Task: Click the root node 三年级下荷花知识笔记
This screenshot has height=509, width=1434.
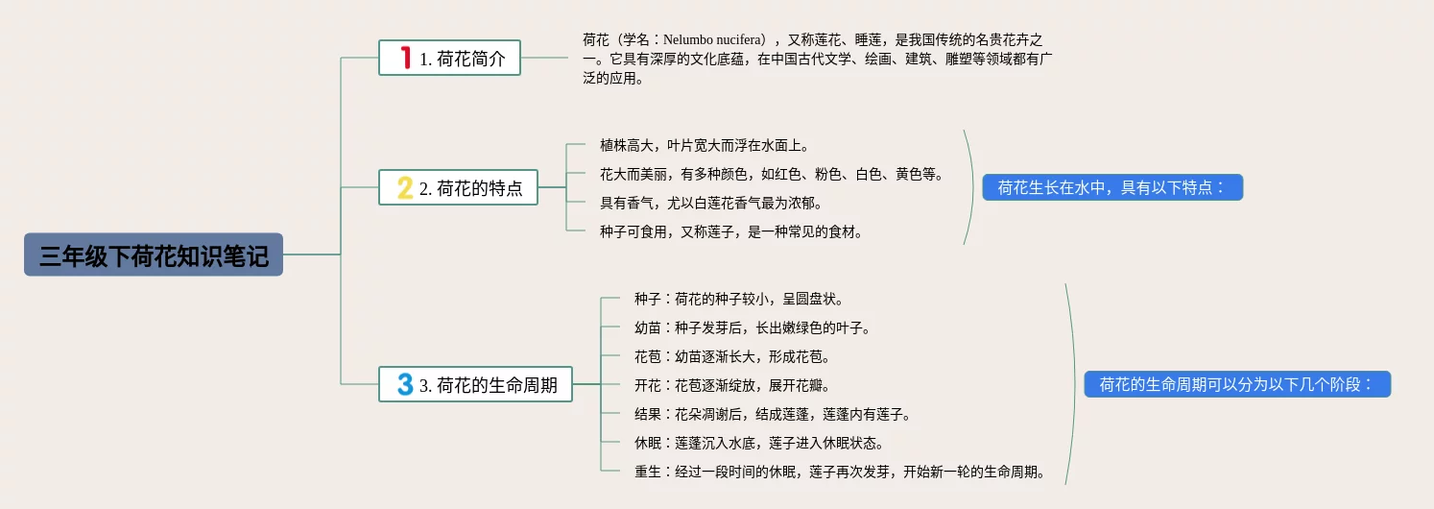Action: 154,254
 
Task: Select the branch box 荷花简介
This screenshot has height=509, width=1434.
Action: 450,58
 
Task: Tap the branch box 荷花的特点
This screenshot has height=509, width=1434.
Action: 459,187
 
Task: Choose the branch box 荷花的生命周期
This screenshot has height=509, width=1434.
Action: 476,384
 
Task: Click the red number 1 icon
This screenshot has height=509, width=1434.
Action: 406,58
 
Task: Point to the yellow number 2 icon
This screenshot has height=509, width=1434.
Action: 406,187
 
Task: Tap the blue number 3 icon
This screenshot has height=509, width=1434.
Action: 406,384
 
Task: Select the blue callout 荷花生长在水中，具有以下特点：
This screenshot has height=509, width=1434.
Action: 1111,187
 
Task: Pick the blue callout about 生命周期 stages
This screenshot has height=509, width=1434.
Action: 1237,384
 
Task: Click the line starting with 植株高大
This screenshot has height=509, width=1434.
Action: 705,145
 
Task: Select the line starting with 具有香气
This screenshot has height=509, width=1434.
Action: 711,203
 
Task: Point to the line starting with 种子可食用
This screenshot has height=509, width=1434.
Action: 731,231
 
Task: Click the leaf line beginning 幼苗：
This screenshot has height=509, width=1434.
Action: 753,327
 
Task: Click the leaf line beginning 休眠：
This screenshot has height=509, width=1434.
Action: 759,443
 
